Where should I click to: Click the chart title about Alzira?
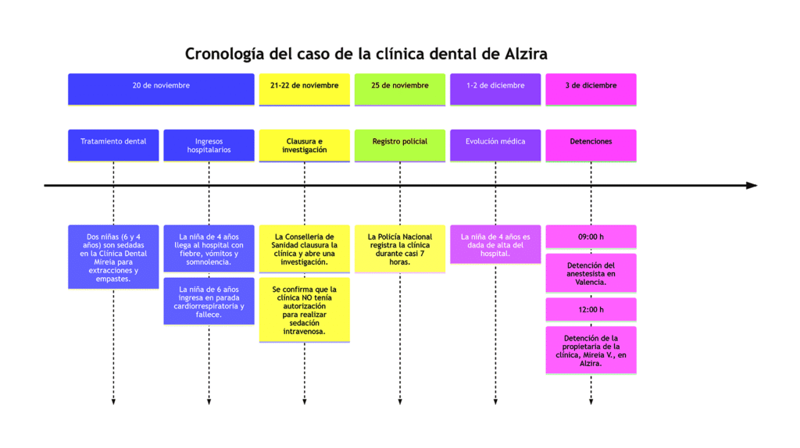(366, 54)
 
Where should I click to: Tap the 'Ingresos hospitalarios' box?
(209, 144)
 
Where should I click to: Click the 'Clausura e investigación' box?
(305, 144)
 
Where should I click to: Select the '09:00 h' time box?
(591, 236)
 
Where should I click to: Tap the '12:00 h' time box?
(591, 309)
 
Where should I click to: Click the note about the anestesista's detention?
(591, 273)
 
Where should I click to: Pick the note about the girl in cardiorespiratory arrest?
(209, 301)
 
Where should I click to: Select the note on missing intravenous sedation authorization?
(305, 309)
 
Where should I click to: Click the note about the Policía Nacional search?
(400, 248)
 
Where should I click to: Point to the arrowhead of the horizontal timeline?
(752, 186)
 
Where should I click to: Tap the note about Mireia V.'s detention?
(591, 350)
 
